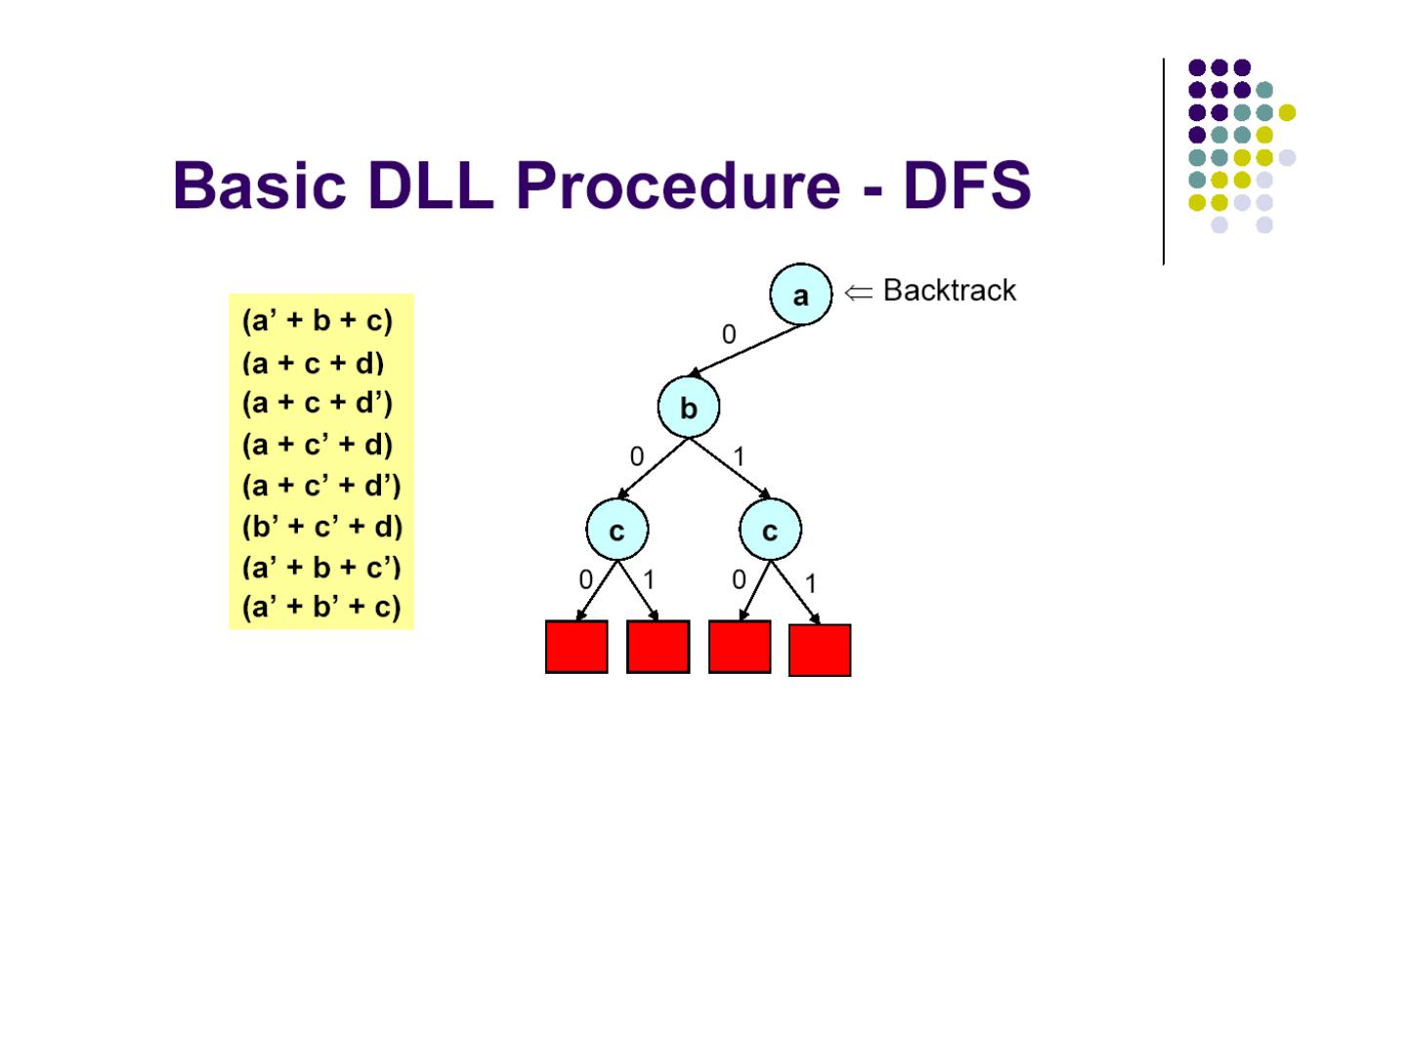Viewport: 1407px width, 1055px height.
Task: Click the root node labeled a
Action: tap(800, 294)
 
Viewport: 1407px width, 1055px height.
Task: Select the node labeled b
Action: tap(688, 407)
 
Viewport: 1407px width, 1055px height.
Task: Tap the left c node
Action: tap(617, 530)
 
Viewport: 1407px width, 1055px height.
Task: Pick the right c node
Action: tap(770, 530)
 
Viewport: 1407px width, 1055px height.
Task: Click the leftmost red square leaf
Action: tap(576, 647)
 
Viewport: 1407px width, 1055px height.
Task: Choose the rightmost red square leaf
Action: tap(819, 651)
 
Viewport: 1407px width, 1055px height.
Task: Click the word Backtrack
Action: tap(949, 290)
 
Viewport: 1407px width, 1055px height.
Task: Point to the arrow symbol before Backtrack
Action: tap(858, 292)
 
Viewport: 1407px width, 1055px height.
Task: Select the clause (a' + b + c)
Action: tap(317, 320)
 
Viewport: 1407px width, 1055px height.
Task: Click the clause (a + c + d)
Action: tap(313, 363)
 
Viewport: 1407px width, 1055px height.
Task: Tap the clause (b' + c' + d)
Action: tap(321, 527)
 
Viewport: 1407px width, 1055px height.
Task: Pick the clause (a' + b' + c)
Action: tap(320, 607)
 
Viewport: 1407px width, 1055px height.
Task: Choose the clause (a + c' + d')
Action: tap(320, 485)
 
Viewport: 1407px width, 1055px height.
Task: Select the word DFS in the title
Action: tap(966, 185)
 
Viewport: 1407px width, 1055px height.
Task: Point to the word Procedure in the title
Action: tap(677, 185)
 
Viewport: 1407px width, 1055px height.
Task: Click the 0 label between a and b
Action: tap(729, 335)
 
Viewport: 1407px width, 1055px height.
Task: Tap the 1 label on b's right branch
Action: tap(739, 456)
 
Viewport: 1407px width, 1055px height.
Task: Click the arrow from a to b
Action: tap(745, 350)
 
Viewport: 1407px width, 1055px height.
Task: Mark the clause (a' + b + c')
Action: tap(320, 567)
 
